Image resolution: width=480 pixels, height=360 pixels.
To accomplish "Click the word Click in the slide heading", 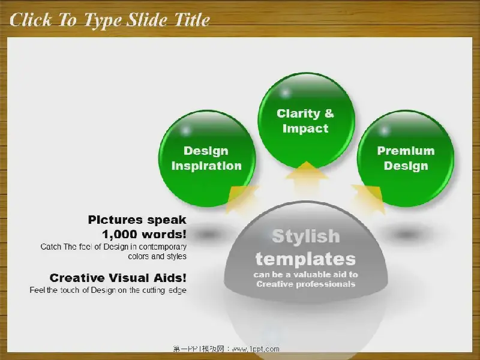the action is pos(31,20).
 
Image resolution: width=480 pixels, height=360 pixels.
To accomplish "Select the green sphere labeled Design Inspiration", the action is pos(207,158).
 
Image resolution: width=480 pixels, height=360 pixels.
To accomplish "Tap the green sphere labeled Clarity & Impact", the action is pos(307,121).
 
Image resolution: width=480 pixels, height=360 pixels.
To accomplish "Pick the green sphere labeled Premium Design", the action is pos(406,158).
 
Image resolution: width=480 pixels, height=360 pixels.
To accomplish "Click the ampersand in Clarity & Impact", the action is pos(329,113).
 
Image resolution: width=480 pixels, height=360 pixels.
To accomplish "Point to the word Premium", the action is pos(406,151).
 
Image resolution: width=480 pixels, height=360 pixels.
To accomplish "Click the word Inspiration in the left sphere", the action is pos(206,166).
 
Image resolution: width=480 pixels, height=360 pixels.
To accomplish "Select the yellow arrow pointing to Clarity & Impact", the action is pos(307,181).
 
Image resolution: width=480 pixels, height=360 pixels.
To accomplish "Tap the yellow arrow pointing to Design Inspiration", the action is pos(242,199).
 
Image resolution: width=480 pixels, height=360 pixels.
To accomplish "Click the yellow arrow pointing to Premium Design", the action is pos(369,199).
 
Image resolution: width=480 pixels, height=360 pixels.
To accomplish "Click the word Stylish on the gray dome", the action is pos(306,236).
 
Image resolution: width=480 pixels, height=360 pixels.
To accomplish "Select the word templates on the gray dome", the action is pos(306,259).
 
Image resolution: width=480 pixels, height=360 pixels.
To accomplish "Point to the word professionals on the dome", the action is pos(326,284).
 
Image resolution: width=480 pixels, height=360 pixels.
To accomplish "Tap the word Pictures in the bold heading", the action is pos(115,220).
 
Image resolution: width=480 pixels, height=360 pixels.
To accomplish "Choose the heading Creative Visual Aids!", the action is pos(118,278).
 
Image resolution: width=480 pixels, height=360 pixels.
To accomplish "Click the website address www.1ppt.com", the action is pos(256,349).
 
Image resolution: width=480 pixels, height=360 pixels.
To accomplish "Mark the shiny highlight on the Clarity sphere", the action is pos(286,92).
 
